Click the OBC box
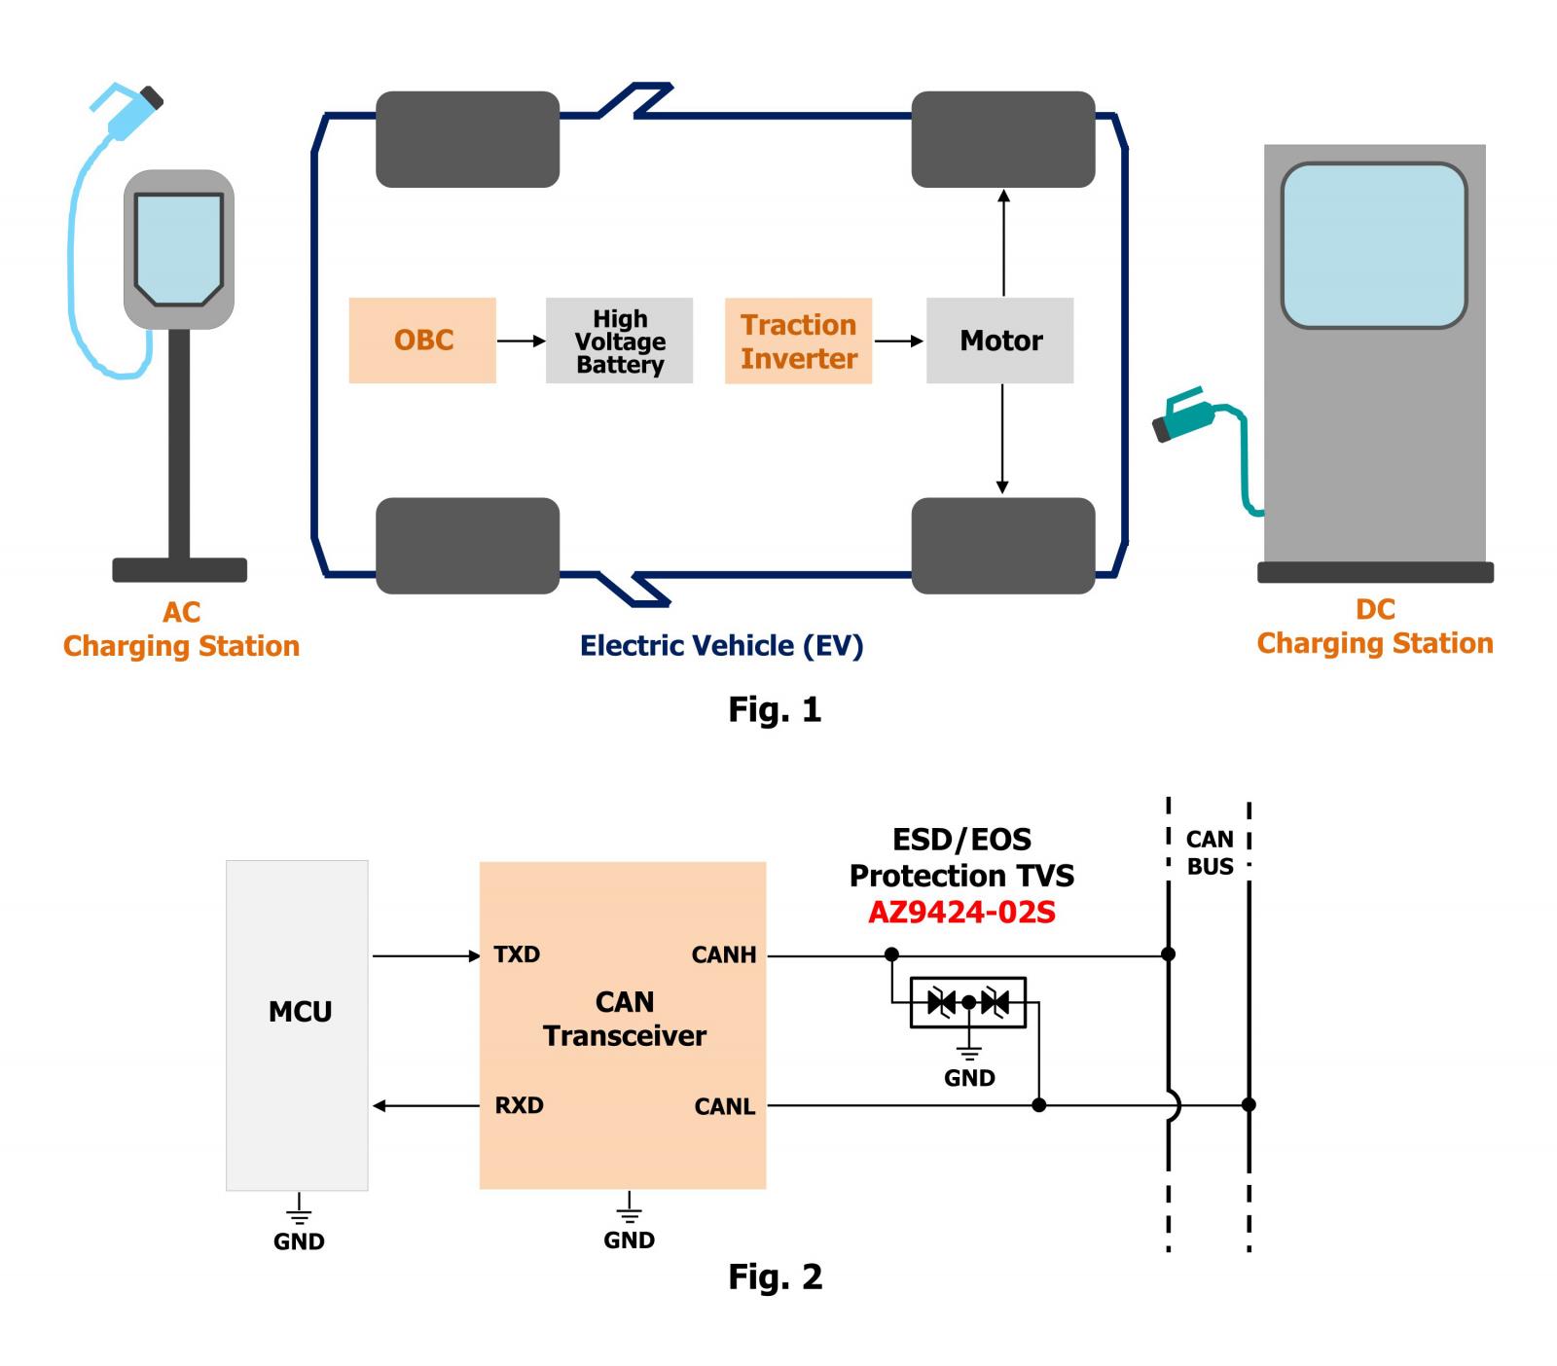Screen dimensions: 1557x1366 (x=422, y=341)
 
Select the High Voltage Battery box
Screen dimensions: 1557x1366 (x=619, y=341)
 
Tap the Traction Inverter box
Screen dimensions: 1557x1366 (x=798, y=341)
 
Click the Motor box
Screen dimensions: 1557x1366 (x=999, y=341)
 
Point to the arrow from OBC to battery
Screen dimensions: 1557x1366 (x=522, y=341)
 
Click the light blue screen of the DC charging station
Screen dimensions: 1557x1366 (x=1374, y=245)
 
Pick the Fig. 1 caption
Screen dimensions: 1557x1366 (x=775, y=709)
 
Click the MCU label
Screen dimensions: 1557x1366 (x=300, y=1012)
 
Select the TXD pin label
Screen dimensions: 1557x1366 (x=517, y=954)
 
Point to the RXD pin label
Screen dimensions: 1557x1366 (x=519, y=1105)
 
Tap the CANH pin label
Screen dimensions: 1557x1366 (x=724, y=955)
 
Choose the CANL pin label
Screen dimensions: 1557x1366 (x=725, y=1107)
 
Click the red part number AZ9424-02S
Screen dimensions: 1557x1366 (x=961, y=913)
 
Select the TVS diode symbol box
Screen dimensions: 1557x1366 (x=967, y=1002)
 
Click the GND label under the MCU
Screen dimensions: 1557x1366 (x=299, y=1241)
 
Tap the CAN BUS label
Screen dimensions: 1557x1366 (x=1210, y=852)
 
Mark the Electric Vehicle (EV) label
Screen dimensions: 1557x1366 (x=721, y=646)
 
